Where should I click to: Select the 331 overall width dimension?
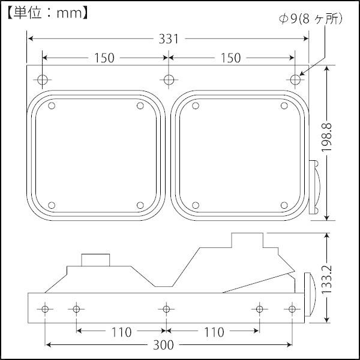tap(169, 39)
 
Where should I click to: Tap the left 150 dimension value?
tap(104, 58)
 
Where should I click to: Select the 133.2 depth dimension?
tap(328, 277)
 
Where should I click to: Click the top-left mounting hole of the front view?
tap(43, 79)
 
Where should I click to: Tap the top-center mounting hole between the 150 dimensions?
tap(169, 79)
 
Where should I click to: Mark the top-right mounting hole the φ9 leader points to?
tap(295, 79)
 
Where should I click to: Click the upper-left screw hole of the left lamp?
tap(51, 106)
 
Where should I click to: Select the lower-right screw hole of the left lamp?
tap(140, 205)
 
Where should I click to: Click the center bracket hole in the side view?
tap(167, 309)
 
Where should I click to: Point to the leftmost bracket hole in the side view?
tap(45, 309)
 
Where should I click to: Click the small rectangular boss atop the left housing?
tap(96, 260)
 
